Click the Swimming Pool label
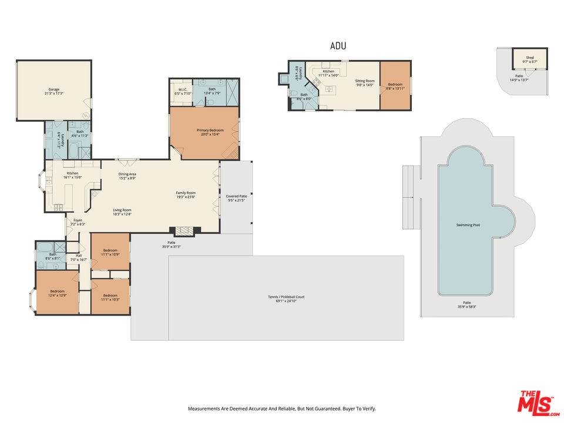pyautogui.click(x=468, y=225)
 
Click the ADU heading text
pyautogui.click(x=338, y=46)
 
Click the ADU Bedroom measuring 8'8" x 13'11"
pyautogui.click(x=395, y=86)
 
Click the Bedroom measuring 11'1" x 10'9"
pyautogui.click(x=110, y=252)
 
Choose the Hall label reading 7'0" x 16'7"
pyautogui.click(x=79, y=257)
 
